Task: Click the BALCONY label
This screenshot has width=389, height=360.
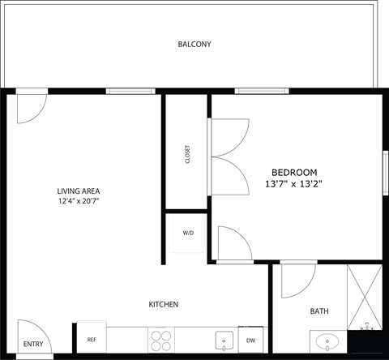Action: [194, 44]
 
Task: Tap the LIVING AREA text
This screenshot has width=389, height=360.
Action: [79, 191]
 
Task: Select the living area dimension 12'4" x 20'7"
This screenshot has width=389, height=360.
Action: [79, 200]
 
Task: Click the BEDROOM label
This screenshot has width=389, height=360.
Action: [294, 172]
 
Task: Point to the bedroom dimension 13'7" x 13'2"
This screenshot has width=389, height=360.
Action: [294, 184]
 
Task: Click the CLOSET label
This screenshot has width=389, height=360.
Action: [187, 153]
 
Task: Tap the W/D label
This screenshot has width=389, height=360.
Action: [188, 233]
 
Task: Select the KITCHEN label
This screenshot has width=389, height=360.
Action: [163, 304]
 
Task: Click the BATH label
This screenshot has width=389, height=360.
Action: [319, 311]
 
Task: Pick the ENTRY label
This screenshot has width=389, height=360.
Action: [33, 344]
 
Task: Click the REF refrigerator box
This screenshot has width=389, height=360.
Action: [92, 340]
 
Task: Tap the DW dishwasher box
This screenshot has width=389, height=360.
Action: [250, 340]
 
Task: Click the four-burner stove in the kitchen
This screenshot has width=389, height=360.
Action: [160, 339]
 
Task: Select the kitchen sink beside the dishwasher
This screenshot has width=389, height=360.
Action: [221, 340]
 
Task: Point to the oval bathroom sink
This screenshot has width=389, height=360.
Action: [328, 341]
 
